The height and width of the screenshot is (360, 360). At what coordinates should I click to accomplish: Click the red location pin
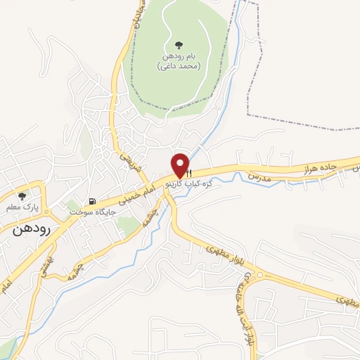pos(180,165)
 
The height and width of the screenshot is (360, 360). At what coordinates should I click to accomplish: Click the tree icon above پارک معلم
pos(22,197)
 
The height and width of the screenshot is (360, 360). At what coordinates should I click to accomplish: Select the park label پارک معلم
pos(22,208)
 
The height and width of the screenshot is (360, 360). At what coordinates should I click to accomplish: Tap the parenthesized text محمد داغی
pos(179,66)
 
